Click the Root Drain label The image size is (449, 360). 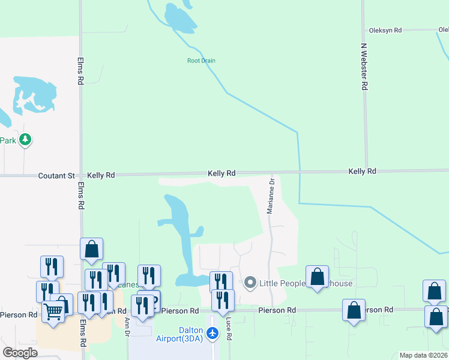(x=201, y=61)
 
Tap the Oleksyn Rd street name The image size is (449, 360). (x=385, y=30)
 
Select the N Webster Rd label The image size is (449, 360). (x=364, y=67)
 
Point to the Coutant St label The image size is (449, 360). (x=56, y=176)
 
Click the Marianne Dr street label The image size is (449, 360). (x=271, y=196)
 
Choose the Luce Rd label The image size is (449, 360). (x=229, y=329)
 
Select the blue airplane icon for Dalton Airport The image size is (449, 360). (x=212, y=333)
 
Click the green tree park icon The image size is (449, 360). (x=25, y=140)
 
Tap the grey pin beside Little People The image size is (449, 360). (x=250, y=282)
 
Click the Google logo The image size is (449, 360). (x=20, y=353)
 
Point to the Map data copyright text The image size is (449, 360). (x=424, y=355)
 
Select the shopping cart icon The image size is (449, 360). (x=53, y=311)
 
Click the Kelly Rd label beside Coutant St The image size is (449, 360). (x=101, y=175)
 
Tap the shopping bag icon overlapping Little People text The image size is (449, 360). (x=317, y=277)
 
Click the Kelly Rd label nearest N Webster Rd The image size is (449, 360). (x=362, y=172)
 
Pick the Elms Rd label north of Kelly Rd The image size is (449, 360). (x=80, y=71)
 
